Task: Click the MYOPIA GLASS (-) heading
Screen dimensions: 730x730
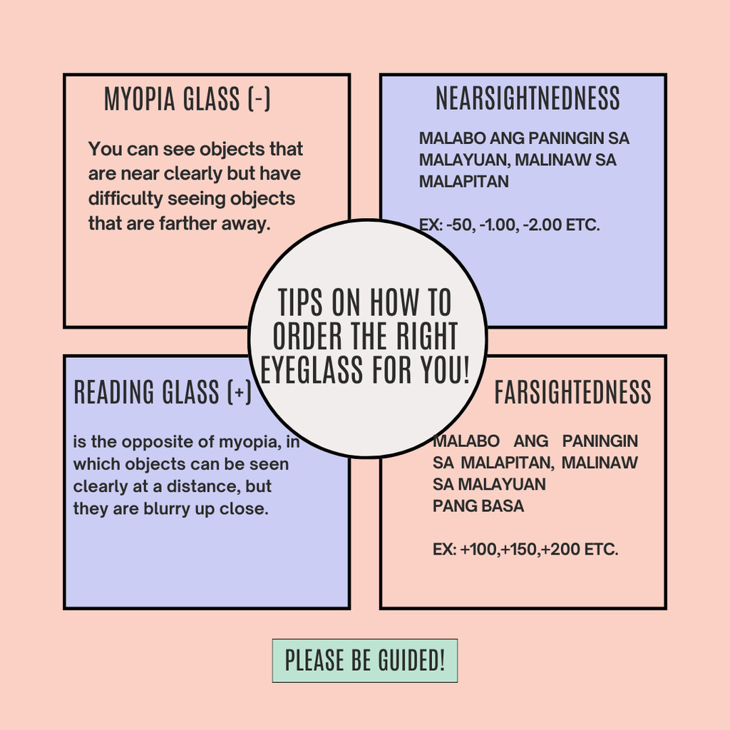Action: pos(187,100)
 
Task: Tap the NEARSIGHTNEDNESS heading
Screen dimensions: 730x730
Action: pos(528,99)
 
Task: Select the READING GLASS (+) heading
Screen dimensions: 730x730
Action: pos(163,393)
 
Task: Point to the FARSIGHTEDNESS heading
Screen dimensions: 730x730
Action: pos(572,393)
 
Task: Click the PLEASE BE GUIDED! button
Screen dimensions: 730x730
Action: pos(364,661)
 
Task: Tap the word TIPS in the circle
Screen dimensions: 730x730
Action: pos(301,303)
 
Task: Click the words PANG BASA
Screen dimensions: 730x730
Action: pos(478,506)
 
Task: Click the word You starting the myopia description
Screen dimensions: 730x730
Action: pos(104,150)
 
